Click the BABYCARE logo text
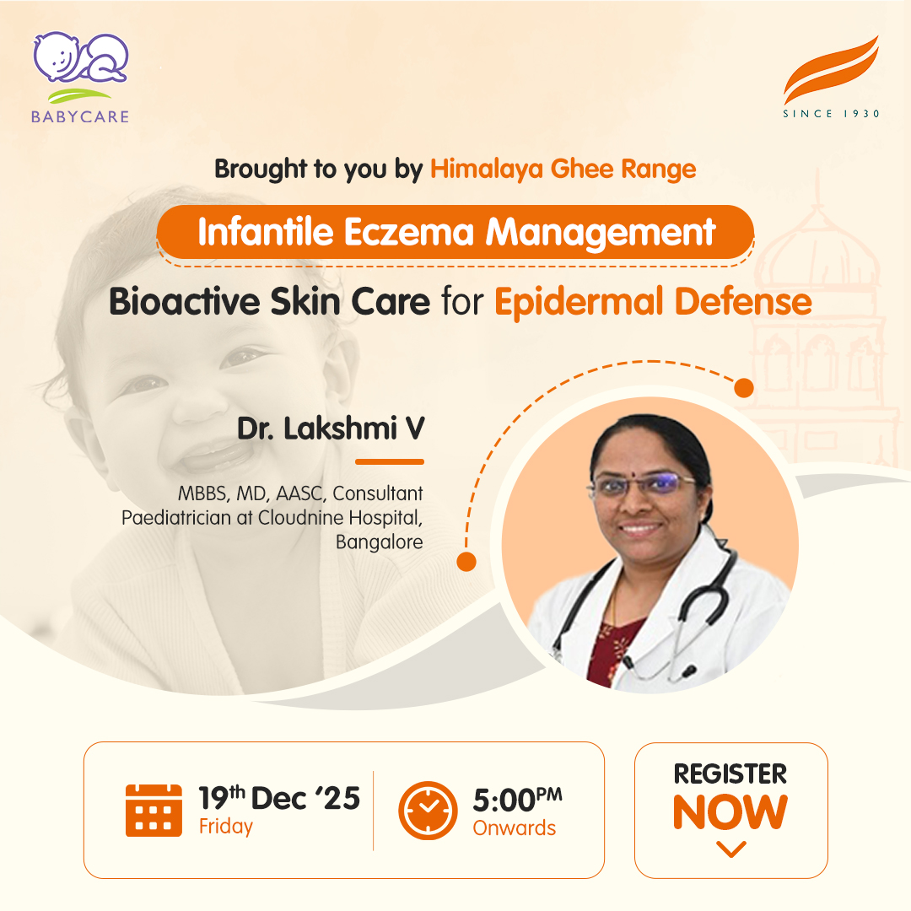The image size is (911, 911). pos(80,116)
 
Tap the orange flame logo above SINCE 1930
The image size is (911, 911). pos(832,70)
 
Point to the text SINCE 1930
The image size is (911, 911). pos(832,113)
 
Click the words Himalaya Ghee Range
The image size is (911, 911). pos(563,169)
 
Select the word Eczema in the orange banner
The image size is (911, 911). pos(409,232)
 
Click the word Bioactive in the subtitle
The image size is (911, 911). pos(184,301)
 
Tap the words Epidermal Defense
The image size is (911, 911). pos(653,302)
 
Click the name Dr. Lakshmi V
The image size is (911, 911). pos(331,429)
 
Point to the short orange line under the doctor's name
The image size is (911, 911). pos(389,462)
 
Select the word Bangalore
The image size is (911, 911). pos(380,542)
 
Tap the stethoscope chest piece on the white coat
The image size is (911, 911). pos(687,672)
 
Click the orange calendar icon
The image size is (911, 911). pos(154,810)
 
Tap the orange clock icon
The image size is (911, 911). pos(428,810)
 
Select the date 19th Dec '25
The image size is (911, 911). pos(279,797)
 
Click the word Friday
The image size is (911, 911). pos(226,826)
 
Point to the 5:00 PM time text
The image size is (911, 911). pos(517,799)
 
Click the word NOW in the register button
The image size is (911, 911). pos(730,812)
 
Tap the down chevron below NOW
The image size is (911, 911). pos(730,849)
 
